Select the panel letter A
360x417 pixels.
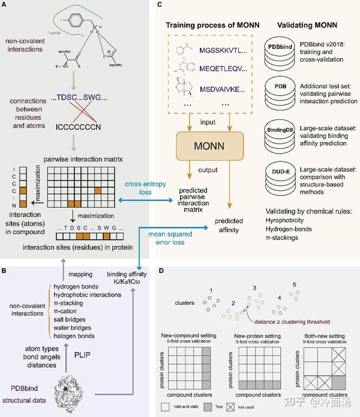click(x=5, y=5)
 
